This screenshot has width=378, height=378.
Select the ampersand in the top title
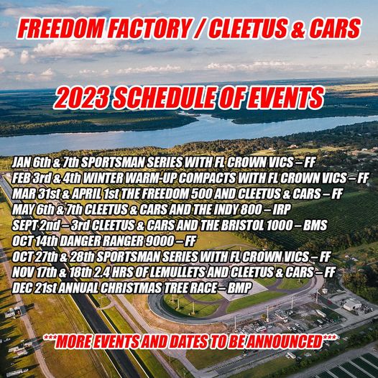coord(298,29)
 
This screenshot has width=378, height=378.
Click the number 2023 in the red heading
coord(81,98)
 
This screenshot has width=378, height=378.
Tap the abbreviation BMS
coord(315,225)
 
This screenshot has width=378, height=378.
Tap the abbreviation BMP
coord(239,288)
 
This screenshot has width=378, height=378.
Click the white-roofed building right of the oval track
coord(351,304)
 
